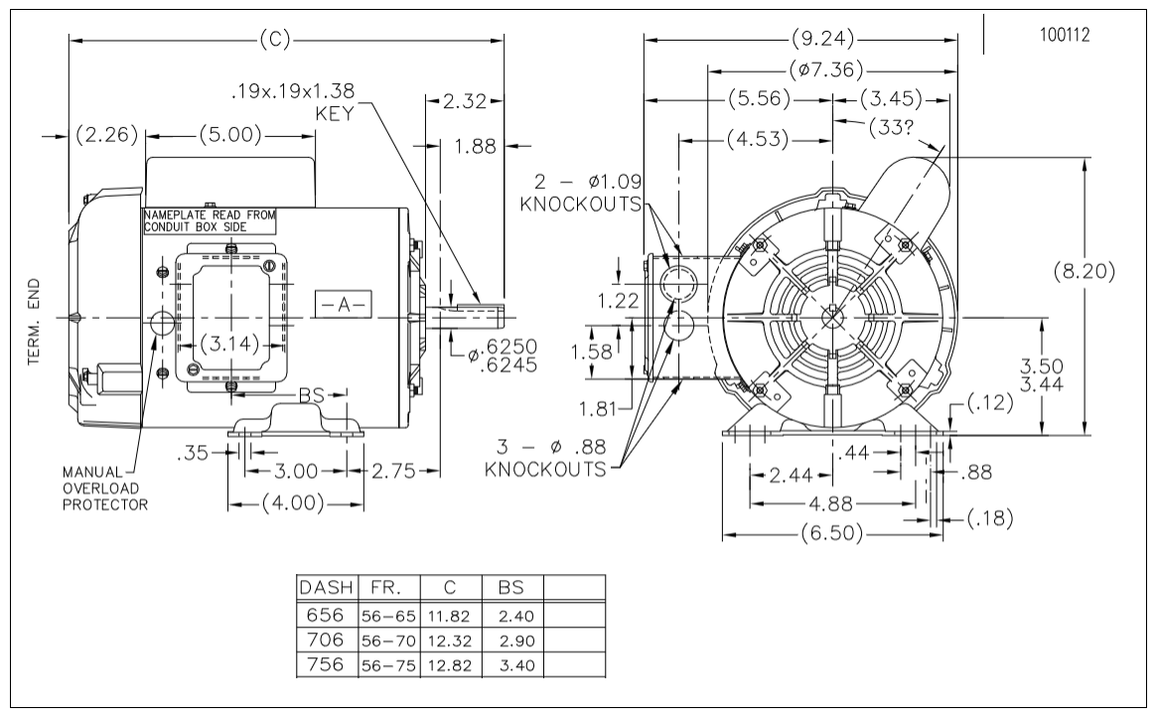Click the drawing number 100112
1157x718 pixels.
point(1064,35)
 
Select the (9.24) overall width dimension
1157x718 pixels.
point(822,37)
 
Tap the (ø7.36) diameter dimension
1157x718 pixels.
point(825,71)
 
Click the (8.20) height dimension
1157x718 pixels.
point(1084,271)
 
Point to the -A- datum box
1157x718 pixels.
point(343,304)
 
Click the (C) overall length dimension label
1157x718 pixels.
point(275,40)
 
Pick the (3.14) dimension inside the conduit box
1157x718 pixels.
point(230,344)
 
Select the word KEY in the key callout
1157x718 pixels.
point(335,113)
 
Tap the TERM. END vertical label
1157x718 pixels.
point(34,322)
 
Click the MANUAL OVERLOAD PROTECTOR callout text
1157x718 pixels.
point(105,489)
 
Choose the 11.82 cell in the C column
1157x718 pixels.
point(449,616)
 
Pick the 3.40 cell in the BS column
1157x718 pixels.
point(516,664)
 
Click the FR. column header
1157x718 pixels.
point(385,587)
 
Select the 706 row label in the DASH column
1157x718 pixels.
point(325,639)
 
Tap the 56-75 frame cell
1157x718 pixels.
point(389,664)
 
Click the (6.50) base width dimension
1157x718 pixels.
point(831,532)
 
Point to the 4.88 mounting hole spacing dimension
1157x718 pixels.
point(831,504)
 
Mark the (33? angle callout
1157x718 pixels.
point(892,128)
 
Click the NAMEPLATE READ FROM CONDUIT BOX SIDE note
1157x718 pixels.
point(210,220)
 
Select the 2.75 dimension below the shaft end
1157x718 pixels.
point(393,471)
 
